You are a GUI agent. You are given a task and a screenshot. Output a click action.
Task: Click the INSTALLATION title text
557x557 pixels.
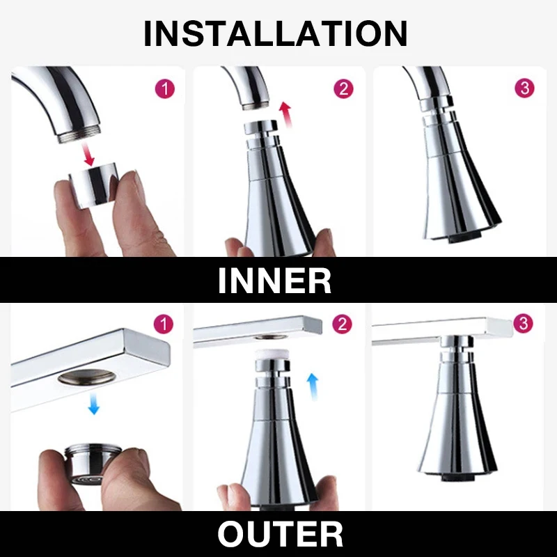pos(275,33)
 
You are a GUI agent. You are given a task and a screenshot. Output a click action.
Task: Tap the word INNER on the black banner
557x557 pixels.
pos(274,280)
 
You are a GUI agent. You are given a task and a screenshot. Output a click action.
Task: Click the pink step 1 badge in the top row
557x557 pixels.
pos(164,88)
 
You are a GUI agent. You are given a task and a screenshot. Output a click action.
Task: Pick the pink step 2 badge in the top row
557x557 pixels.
pos(343,88)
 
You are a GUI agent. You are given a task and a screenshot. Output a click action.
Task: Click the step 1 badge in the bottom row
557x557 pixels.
pos(164,324)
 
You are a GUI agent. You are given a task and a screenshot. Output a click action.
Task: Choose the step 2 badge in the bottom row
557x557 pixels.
pos(343,324)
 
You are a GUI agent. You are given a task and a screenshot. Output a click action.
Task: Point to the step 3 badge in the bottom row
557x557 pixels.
pos(523,324)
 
